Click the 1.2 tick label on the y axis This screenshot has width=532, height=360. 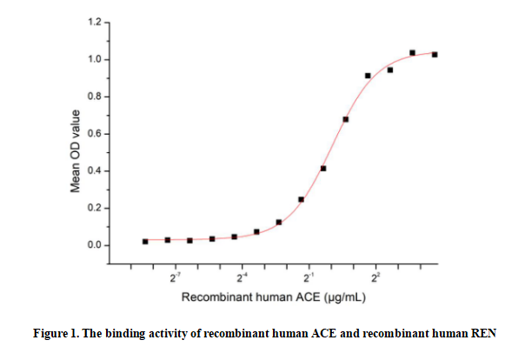pyautogui.click(x=94, y=22)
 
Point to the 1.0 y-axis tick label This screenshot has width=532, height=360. pyautogui.click(x=94, y=59)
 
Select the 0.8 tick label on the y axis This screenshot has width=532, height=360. pyautogui.click(x=94, y=97)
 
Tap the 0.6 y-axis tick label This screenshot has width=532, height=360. pyautogui.click(x=94, y=134)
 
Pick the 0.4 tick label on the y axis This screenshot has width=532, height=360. pyautogui.click(x=94, y=170)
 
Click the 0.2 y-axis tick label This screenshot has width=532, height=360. pyautogui.click(x=94, y=208)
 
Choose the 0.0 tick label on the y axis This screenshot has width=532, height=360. pyautogui.click(x=94, y=245)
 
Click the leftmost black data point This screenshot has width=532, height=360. pyautogui.click(x=145, y=241)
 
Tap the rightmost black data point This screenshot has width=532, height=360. pyautogui.click(x=435, y=55)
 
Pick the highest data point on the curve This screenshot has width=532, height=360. pyautogui.click(x=412, y=53)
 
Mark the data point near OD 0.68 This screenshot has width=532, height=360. pyautogui.click(x=346, y=119)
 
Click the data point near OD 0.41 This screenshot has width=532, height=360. pyautogui.click(x=323, y=169)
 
